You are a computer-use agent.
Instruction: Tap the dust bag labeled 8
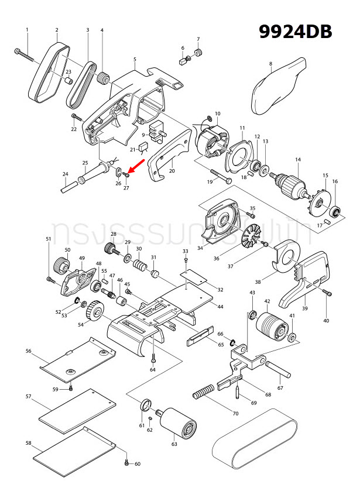277,86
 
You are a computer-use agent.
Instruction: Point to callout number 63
174,445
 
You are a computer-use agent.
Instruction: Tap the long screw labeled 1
26,56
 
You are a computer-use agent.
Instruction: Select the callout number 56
28,351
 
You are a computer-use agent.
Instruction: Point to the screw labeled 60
126,463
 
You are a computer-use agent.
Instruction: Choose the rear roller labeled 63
177,422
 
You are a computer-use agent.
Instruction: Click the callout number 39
304,308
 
